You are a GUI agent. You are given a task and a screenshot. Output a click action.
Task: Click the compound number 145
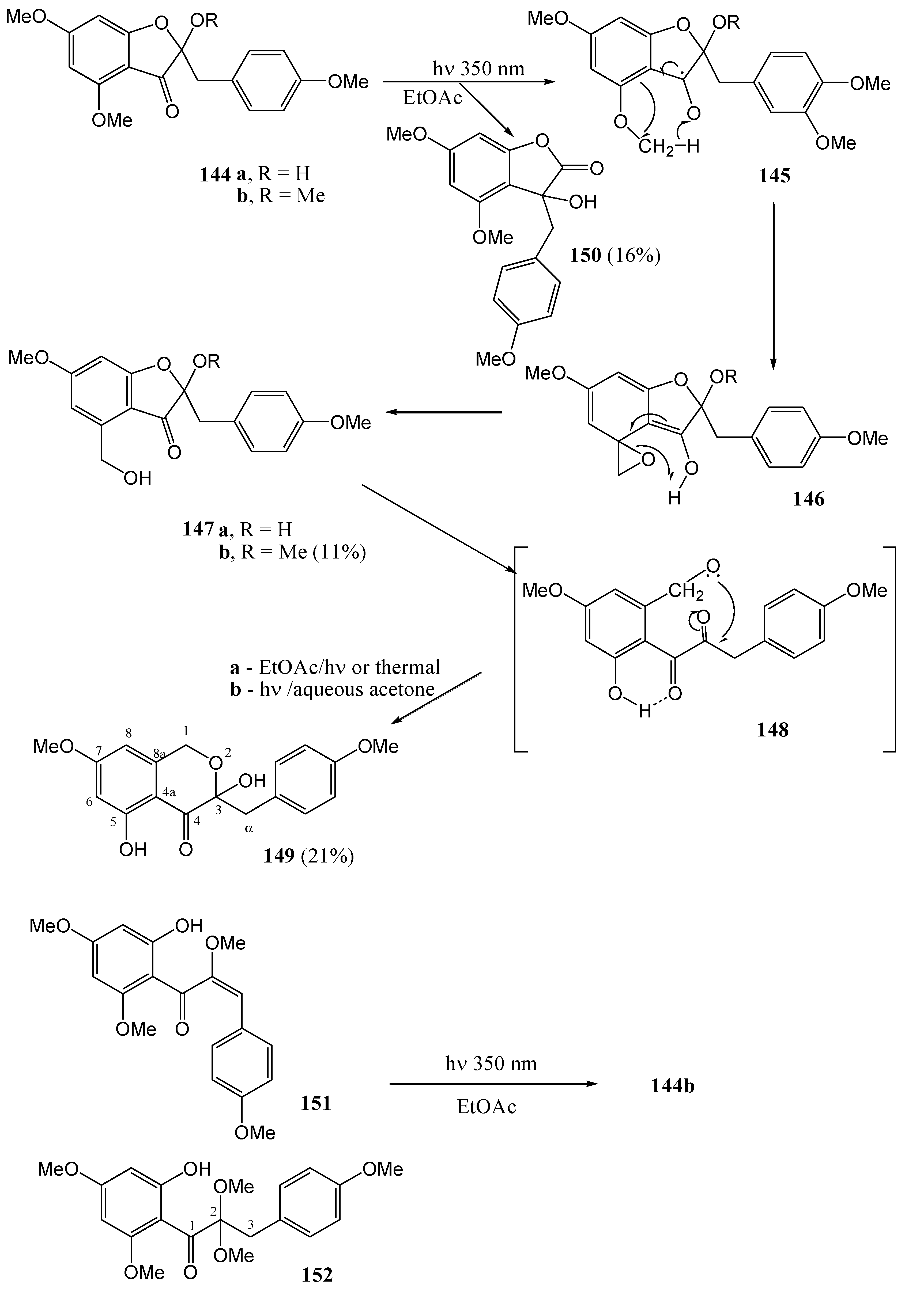pos(774,176)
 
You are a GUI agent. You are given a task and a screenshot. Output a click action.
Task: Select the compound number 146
pos(809,499)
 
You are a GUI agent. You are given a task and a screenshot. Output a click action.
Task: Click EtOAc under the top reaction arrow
pos(432,98)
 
